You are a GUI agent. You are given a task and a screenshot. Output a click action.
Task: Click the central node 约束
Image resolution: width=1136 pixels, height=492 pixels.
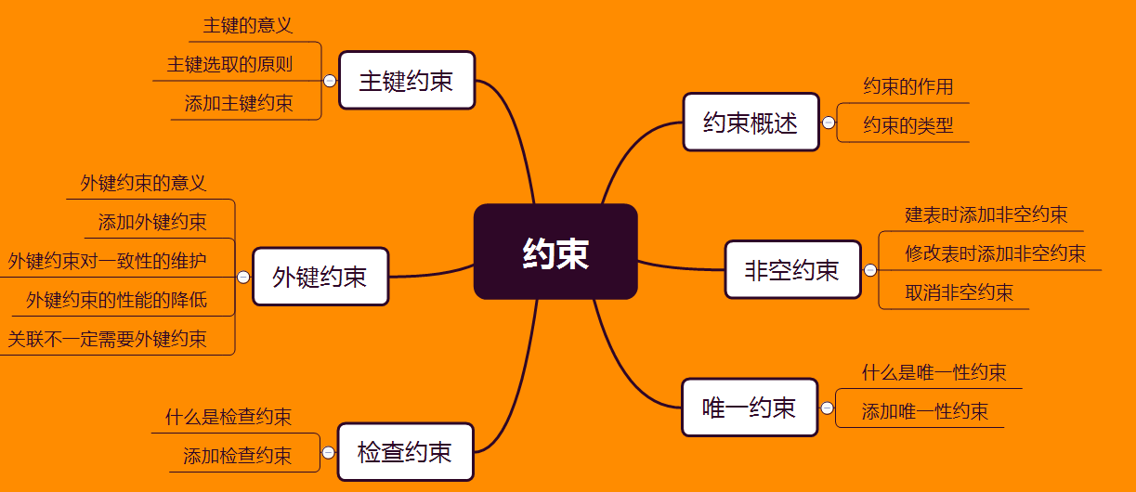click(x=555, y=252)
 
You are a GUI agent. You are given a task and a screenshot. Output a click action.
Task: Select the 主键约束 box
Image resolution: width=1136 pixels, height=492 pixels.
click(x=407, y=81)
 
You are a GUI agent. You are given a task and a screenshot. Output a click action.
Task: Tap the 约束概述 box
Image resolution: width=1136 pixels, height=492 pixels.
click(x=751, y=123)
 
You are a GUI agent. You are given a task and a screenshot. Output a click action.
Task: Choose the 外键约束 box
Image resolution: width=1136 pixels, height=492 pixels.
click(x=320, y=277)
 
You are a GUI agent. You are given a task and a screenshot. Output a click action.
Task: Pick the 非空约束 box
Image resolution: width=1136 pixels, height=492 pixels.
click(x=792, y=270)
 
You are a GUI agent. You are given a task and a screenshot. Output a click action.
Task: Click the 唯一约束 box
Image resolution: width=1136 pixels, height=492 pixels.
click(x=750, y=408)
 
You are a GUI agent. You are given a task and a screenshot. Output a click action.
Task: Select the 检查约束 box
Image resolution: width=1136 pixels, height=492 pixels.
click(x=405, y=452)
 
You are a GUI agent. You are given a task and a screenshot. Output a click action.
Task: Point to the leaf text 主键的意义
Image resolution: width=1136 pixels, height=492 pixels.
click(x=248, y=25)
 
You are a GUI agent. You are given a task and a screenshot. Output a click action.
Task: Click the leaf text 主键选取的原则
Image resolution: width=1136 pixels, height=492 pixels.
click(x=229, y=64)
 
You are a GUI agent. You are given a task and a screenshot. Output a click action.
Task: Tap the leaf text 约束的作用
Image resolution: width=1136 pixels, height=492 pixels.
click(x=908, y=86)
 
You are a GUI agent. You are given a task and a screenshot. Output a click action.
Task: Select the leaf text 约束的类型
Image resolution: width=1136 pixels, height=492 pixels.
click(x=908, y=125)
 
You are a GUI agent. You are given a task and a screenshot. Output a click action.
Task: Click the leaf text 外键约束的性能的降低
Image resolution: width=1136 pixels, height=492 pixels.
click(x=116, y=300)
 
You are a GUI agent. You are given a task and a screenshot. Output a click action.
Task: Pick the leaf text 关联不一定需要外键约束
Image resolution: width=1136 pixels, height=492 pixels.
click(x=107, y=339)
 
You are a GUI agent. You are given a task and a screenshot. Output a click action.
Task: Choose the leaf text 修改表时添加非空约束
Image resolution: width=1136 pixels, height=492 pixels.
click(x=995, y=253)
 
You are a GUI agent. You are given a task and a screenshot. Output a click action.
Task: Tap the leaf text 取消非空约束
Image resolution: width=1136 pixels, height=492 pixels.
click(x=959, y=293)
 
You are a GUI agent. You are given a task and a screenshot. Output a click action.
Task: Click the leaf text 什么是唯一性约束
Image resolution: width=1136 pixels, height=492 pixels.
click(x=934, y=373)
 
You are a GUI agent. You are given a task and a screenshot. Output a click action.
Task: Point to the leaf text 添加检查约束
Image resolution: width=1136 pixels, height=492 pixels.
click(x=237, y=456)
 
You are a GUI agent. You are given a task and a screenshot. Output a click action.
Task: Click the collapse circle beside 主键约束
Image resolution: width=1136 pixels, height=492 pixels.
click(x=330, y=81)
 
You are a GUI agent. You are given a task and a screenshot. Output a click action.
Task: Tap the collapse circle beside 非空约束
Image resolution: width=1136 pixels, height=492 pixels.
click(x=870, y=270)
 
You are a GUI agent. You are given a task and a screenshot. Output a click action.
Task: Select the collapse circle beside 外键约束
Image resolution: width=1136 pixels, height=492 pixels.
click(x=243, y=277)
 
